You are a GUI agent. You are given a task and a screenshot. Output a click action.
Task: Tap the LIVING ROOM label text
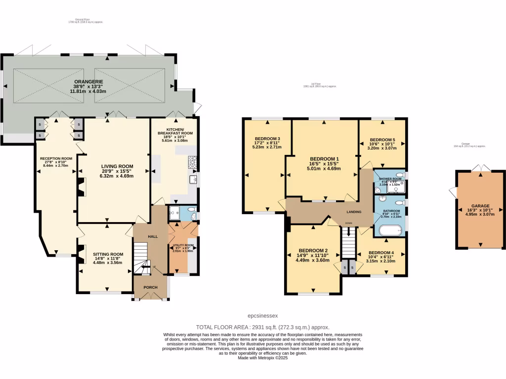(x=117, y=166)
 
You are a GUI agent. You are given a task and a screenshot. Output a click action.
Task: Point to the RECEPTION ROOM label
(x=56, y=159)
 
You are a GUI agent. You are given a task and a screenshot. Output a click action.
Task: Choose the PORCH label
(x=150, y=287)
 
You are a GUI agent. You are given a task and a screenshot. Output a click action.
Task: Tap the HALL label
(x=153, y=237)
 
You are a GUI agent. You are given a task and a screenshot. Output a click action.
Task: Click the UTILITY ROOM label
(x=182, y=245)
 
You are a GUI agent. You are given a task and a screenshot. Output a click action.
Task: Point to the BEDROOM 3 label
(x=267, y=139)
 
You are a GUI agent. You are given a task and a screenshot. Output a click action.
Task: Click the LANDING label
(x=353, y=212)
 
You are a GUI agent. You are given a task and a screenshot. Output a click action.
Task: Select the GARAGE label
(x=480, y=206)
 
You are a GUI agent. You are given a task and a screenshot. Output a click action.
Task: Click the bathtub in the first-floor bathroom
(x=390, y=231)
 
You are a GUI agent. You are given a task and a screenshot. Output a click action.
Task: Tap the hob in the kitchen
(x=192, y=161)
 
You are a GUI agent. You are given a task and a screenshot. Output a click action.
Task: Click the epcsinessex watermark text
(x=263, y=316)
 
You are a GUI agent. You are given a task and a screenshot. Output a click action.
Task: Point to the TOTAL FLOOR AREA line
(x=263, y=327)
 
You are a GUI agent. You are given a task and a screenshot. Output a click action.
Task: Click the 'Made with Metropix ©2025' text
(x=263, y=358)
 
